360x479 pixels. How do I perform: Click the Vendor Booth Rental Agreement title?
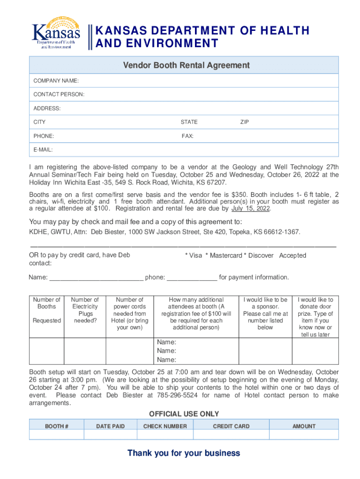click(x=186, y=65)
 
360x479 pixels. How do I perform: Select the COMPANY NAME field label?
click(x=56, y=81)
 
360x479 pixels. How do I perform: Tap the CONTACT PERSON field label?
click(x=59, y=94)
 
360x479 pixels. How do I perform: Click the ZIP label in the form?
click(x=245, y=122)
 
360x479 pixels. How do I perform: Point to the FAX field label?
click(x=187, y=136)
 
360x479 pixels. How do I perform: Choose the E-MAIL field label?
click(x=43, y=150)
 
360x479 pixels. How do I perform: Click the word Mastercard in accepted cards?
click(x=226, y=255)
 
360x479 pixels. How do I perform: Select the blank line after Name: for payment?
click(x=96, y=278)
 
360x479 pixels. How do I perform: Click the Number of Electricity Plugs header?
click(x=85, y=310)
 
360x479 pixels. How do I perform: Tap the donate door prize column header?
click(x=315, y=317)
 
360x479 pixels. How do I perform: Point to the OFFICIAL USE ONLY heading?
click(x=184, y=414)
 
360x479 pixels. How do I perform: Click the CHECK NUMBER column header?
click(x=165, y=426)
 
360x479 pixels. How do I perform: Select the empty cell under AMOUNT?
click(x=304, y=435)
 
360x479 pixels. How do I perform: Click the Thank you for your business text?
click(x=184, y=453)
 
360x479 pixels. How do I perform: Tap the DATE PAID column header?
click(x=110, y=426)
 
